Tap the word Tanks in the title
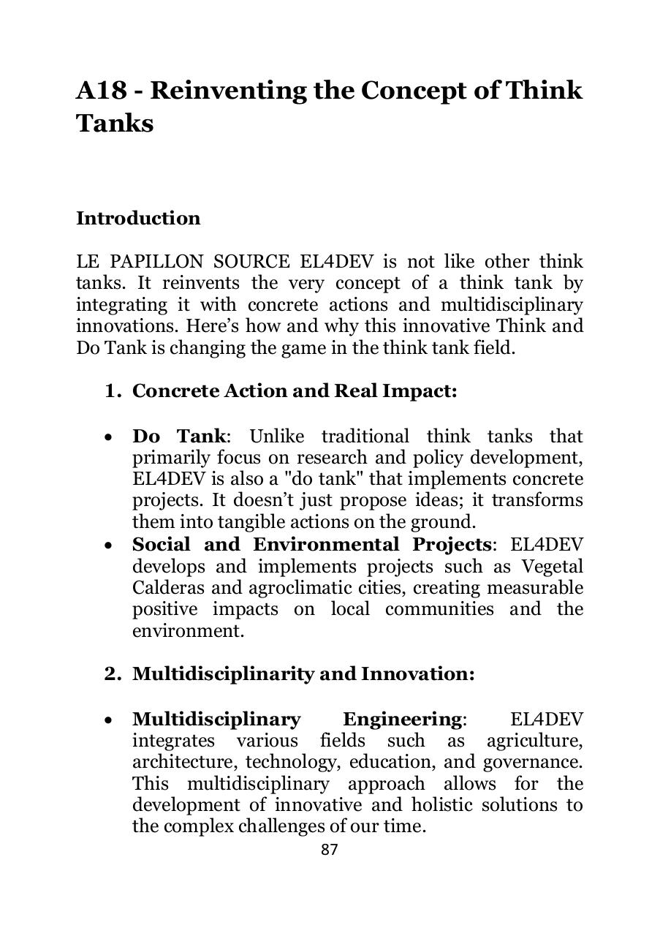point(115,124)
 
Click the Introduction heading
point(138,219)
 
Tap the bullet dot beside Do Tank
point(108,438)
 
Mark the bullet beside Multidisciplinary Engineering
point(108,721)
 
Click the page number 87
point(330,849)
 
